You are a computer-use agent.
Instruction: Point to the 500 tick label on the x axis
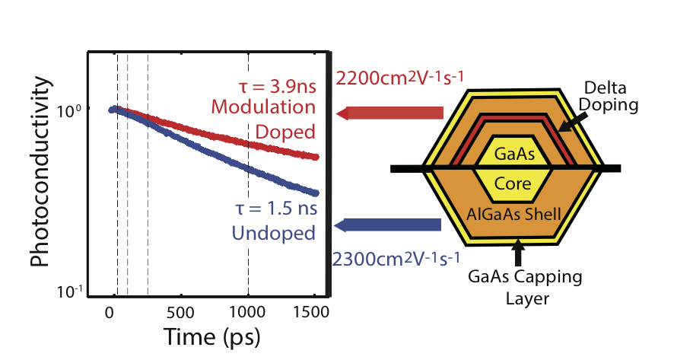tap(179, 312)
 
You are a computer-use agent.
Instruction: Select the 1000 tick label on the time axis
tap(248, 312)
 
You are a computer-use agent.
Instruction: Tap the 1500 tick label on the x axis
tap(315, 312)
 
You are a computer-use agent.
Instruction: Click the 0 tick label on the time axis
tap(110, 312)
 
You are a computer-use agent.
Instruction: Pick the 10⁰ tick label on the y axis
tap(72, 111)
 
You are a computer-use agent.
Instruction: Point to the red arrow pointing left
tap(388, 114)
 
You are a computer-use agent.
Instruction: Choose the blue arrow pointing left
tap(388, 225)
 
